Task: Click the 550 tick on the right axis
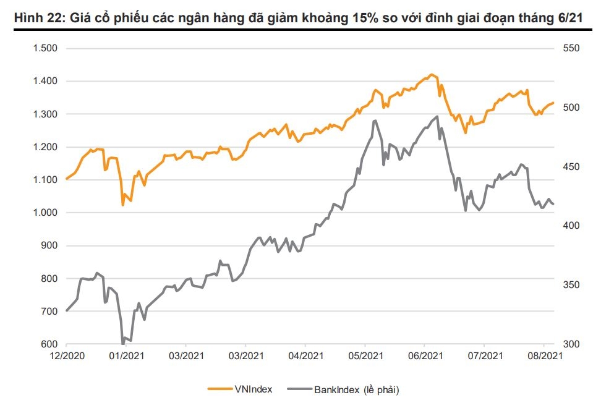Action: [x=570, y=48]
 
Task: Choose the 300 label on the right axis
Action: [x=570, y=344]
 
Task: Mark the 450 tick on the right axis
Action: [x=570, y=167]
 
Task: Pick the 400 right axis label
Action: [x=570, y=226]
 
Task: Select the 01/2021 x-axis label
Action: [x=126, y=357]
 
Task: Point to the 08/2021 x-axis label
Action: [x=544, y=357]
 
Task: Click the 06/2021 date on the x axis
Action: [x=425, y=357]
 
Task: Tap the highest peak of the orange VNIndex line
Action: [x=432, y=75]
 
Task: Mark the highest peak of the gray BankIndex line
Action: [x=437, y=116]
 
